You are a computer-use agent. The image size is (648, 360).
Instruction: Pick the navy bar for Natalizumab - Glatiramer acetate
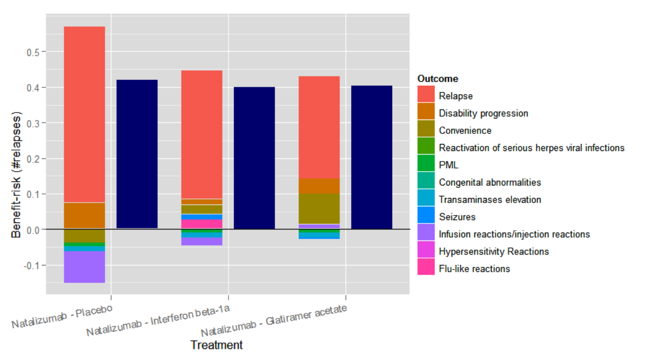click(x=371, y=157)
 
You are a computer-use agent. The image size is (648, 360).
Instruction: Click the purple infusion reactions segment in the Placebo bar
click(x=84, y=267)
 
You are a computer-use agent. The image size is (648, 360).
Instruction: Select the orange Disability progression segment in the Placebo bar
click(x=84, y=215)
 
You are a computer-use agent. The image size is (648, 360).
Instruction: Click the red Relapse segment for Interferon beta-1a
click(x=201, y=134)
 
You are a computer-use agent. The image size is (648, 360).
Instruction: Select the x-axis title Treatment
click(x=216, y=345)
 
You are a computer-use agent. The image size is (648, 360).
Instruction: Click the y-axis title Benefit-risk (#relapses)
click(x=16, y=175)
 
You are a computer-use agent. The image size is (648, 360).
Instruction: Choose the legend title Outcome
click(x=438, y=79)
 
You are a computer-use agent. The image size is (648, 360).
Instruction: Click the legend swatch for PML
click(x=426, y=165)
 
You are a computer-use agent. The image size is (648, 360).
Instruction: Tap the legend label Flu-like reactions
click(x=474, y=269)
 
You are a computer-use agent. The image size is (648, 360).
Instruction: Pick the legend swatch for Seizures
click(x=426, y=217)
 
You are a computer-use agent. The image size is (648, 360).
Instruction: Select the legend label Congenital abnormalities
click(x=489, y=182)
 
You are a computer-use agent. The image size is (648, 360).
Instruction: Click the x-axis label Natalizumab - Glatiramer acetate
click(x=274, y=320)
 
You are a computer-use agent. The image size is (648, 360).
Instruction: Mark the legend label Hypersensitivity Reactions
click(x=493, y=251)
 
